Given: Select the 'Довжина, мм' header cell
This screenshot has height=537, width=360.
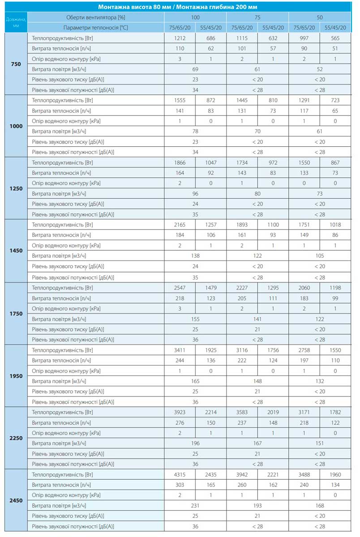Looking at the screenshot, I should [16, 22].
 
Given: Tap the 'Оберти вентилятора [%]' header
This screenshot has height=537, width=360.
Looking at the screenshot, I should [95, 17].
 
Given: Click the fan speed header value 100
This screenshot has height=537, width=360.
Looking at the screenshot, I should [196, 17].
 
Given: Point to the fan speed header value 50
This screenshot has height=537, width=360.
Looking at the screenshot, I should [320, 17].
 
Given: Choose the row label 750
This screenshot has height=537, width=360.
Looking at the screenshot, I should [16, 64].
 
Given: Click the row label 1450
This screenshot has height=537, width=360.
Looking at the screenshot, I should [16, 251].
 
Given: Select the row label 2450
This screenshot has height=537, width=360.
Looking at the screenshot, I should [16, 500].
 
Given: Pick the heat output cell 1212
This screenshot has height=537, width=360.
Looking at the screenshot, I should [180, 38].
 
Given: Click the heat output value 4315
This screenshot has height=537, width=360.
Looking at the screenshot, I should [180, 474].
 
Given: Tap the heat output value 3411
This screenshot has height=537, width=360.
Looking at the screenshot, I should [180, 349].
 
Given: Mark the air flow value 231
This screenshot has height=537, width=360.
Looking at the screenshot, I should [196, 505].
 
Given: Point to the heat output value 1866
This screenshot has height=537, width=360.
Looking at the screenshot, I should [180, 162].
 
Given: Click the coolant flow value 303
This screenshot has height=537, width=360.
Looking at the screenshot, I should [180, 485].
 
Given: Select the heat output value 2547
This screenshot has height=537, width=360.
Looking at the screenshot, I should [180, 287].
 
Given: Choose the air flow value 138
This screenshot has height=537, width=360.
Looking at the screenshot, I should [196, 256].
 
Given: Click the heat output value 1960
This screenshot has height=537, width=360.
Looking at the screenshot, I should [335, 474].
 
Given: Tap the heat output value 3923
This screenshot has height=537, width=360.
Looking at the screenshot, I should [180, 412].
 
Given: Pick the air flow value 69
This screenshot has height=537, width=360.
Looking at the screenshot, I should [196, 69].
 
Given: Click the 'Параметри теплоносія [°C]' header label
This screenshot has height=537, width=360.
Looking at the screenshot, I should [95, 27].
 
